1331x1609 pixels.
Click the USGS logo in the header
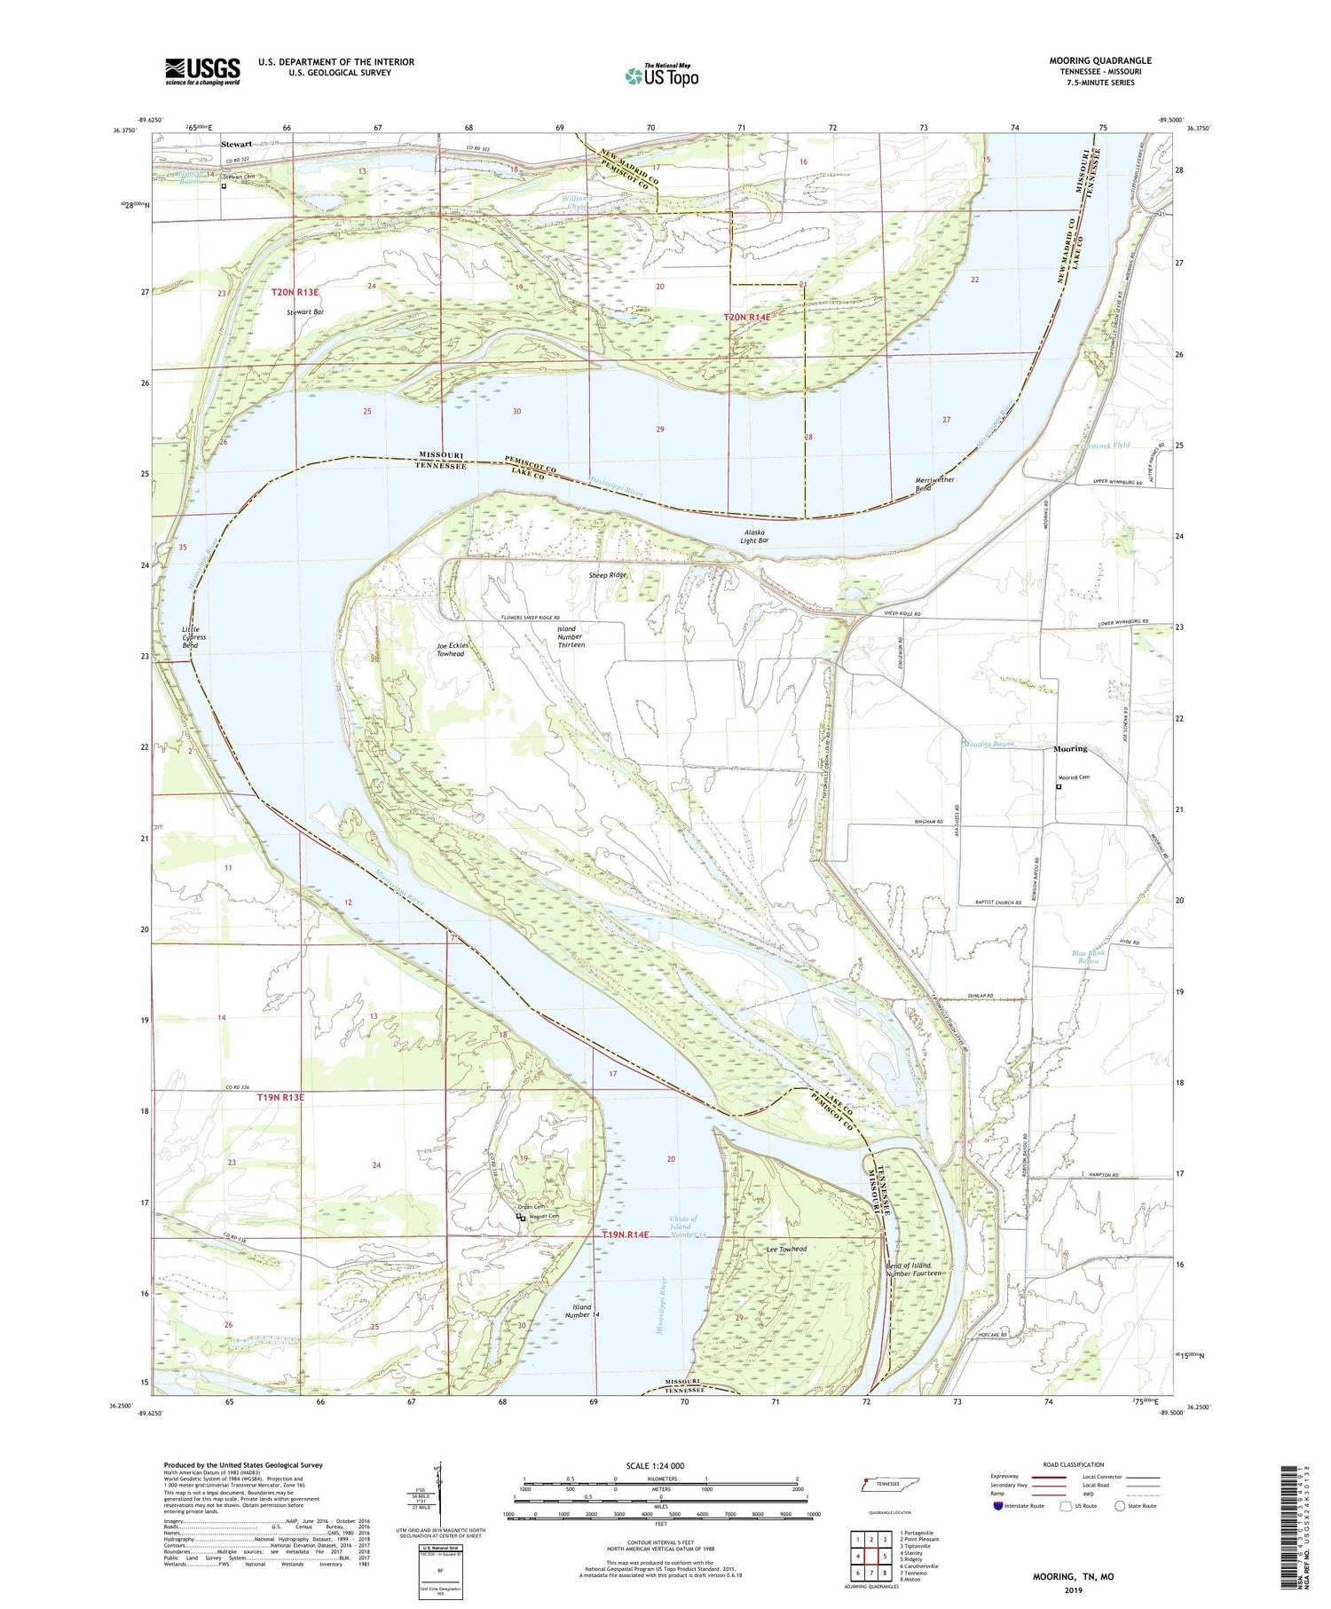coord(202,71)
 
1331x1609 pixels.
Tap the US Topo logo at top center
coord(661,76)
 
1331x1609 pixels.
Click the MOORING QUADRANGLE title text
coord(1099,60)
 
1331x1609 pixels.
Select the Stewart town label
coord(237,144)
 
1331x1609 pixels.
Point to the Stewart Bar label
coord(304,312)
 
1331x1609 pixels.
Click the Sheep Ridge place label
coord(608,575)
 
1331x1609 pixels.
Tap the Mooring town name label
coord(1069,749)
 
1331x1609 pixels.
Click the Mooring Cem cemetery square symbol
coord(1058,785)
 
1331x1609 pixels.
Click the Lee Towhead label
coord(786,1250)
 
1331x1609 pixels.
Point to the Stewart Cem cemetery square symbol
coord(224,185)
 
